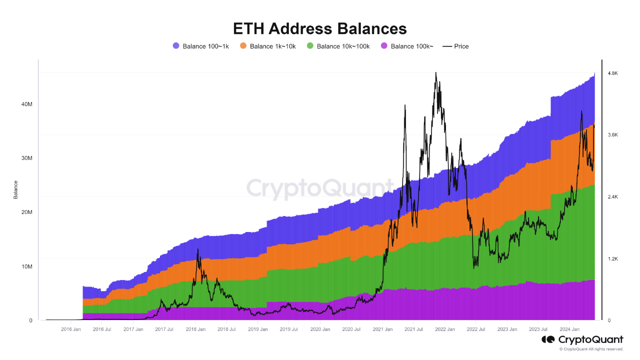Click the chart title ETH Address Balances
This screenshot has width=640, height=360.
(x=320, y=28)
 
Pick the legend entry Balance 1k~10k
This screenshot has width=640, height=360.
(x=268, y=46)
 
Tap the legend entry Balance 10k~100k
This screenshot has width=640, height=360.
(x=338, y=46)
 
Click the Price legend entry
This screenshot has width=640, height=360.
(x=455, y=46)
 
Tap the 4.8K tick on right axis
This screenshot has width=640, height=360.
(x=612, y=73)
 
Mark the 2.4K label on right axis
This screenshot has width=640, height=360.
(x=612, y=197)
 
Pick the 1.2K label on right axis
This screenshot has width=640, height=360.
(x=612, y=259)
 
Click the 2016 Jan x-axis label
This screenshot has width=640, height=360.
(x=70, y=329)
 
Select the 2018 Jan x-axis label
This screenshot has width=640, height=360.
(x=195, y=329)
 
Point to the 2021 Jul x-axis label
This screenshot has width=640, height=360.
(x=413, y=329)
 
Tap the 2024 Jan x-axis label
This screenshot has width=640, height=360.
(x=569, y=329)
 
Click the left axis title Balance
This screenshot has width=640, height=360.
(x=15, y=189)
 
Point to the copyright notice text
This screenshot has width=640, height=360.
(x=591, y=349)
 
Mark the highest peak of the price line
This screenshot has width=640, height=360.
(x=436, y=72)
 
